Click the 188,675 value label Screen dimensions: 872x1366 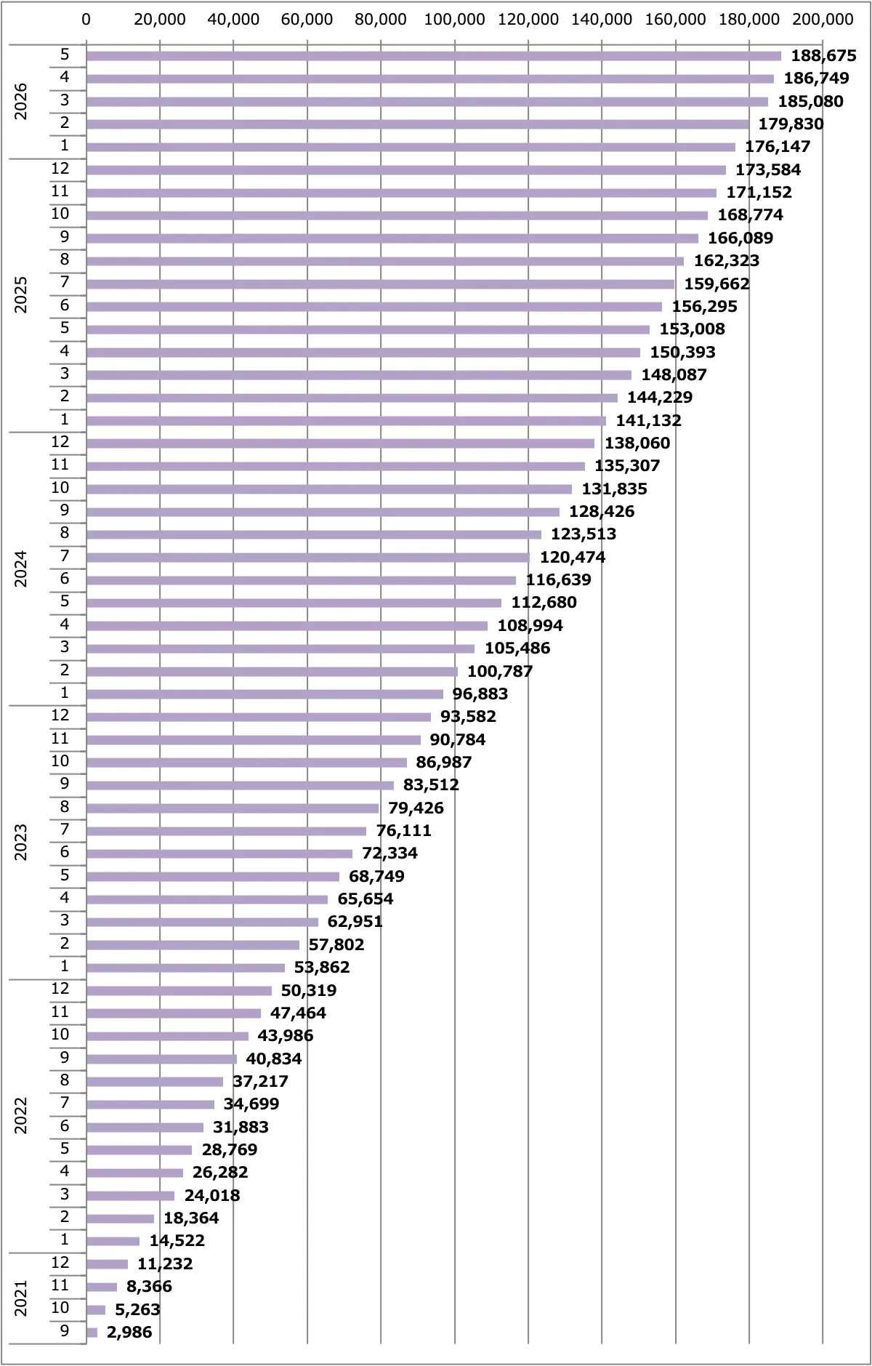pos(824,55)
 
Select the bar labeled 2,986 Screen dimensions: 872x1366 pos(92,1333)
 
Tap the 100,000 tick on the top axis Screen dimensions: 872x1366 pos(454,19)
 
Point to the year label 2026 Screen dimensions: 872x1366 pos(21,101)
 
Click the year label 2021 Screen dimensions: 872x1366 pos(21,1298)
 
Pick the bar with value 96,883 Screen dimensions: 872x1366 pos(265,694)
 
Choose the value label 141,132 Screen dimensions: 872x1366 pos(649,420)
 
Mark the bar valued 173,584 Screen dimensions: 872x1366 pos(406,170)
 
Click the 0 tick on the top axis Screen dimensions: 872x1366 pos(86,19)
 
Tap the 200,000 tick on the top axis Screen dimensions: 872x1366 pos(823,19)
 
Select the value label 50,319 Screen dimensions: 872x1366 pos(309,990)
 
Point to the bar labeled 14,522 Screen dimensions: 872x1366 pos(113,1241)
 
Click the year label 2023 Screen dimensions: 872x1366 pos(21,842)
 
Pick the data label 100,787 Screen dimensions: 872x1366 pos(500,671)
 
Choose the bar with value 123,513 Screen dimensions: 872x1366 pos(314,534)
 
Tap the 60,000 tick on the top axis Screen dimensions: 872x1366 pos(307,19)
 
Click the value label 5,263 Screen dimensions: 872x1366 pos(137,1309)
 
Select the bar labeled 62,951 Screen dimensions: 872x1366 pos(202,922)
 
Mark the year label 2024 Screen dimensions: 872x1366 pos(21,569)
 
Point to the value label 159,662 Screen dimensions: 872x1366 pos(717,284)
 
